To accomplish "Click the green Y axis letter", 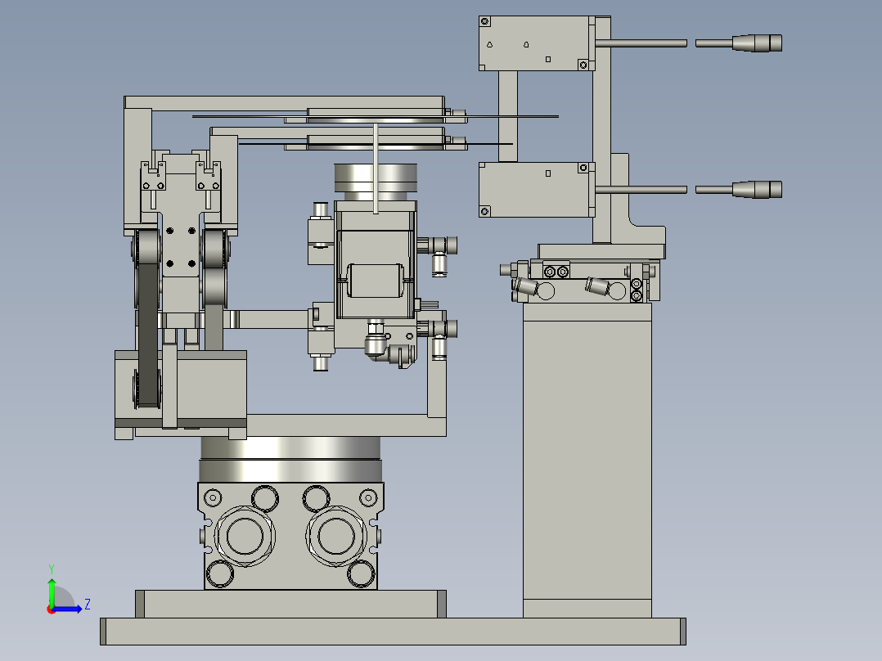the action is (x=52, y=569).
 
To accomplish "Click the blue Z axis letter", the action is (x=88, y=605).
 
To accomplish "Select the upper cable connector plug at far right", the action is (x=757, y=43).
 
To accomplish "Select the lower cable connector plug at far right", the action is (x=757, y=190).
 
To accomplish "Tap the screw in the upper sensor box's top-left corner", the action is (x=485, y=22).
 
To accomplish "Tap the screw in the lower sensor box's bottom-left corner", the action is (x=485, y=212).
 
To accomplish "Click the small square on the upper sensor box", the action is (x=548, y=59).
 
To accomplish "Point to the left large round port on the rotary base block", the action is (x=244, y=536).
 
